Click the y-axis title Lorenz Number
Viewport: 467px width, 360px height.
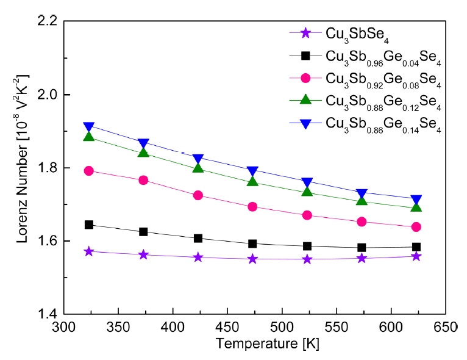[23, 168]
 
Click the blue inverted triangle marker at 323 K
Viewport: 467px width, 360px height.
[89, 128]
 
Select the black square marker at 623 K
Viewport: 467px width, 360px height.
[416, 247]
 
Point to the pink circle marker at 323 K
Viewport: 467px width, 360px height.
[89, 171]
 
